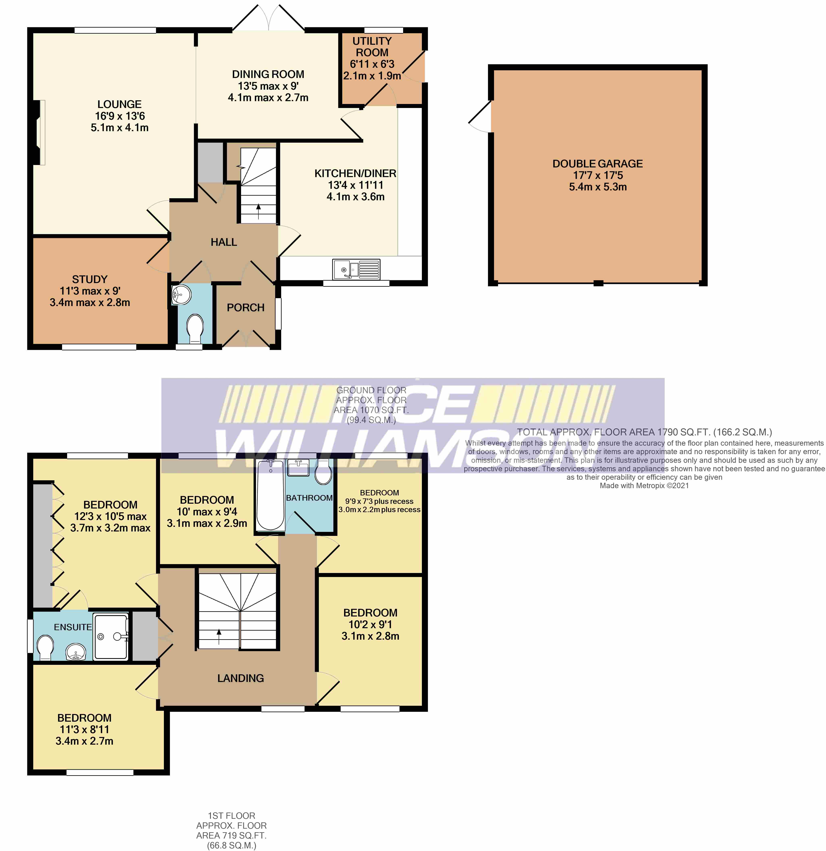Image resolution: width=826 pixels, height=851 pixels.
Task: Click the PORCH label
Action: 245,307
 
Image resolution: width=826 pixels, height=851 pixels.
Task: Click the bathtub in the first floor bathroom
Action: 270,495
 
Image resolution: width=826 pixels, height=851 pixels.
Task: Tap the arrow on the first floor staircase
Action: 219,636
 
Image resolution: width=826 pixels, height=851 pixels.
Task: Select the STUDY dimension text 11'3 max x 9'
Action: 90,291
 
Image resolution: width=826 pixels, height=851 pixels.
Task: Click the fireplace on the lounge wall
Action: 40,132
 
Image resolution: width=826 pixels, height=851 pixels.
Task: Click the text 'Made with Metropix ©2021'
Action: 644,485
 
